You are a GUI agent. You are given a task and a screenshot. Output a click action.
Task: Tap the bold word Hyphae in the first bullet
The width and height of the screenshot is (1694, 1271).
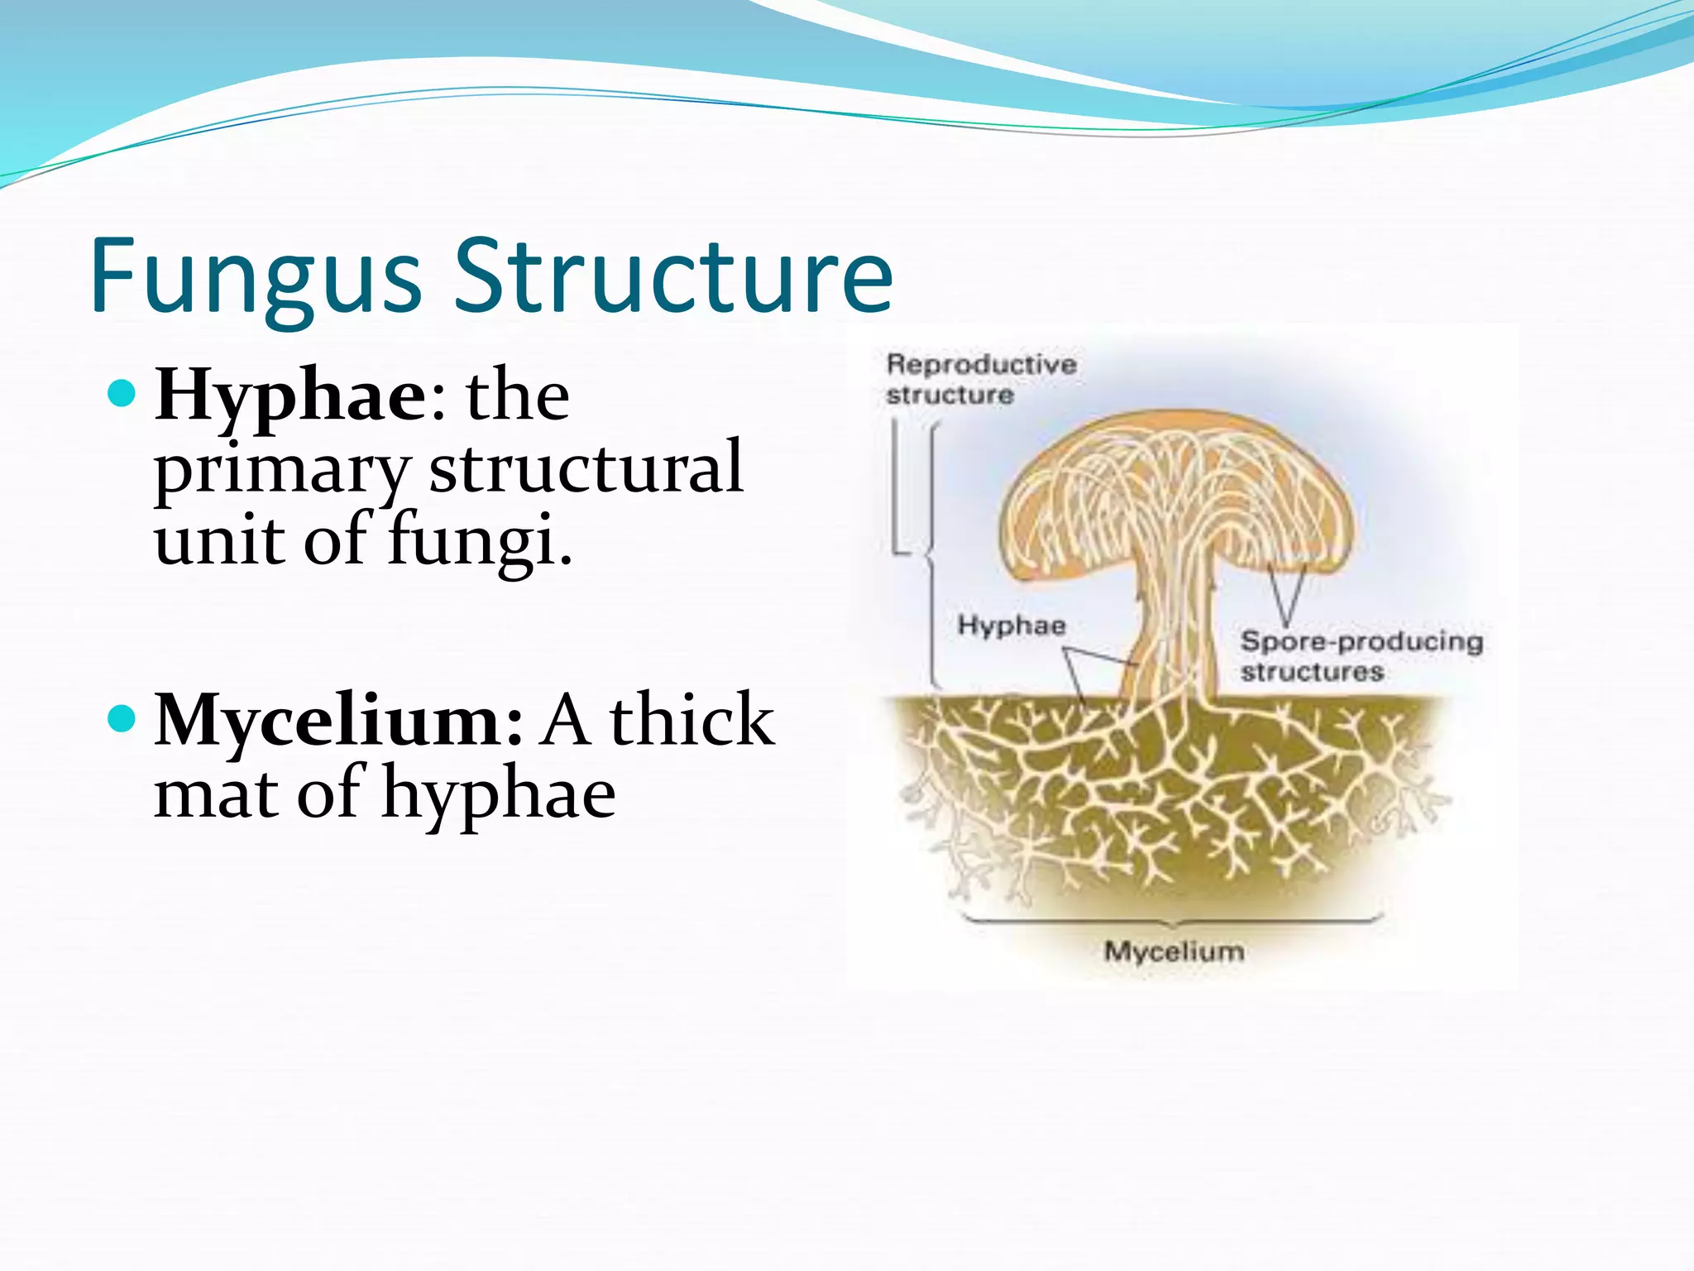tap(290, 396)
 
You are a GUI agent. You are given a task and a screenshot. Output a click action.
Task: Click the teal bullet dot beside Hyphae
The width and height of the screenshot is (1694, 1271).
tap(122, 393)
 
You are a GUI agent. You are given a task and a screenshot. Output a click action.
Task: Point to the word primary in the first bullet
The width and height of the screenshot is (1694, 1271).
tap(281, 470)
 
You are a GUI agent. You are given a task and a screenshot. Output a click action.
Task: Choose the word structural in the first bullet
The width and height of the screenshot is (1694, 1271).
tap(586, 468)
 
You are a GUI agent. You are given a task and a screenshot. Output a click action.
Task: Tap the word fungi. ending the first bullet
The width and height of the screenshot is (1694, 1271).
tap(480, 540)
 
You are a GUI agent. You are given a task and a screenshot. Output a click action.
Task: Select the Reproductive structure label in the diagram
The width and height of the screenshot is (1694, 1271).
tap(981, 379)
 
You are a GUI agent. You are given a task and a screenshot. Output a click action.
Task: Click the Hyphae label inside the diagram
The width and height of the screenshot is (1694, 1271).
tap(1011, 625)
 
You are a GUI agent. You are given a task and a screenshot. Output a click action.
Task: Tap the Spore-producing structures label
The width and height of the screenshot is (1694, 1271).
tap(1361, 655)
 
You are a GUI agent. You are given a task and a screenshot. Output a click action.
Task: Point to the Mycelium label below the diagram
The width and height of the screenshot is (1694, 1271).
tap(1174, 952)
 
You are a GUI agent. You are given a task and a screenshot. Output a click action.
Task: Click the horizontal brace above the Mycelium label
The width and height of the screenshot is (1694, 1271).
tap(1174, 918)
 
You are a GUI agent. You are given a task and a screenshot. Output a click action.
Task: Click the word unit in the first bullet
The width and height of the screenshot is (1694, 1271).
tap(216, 540)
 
